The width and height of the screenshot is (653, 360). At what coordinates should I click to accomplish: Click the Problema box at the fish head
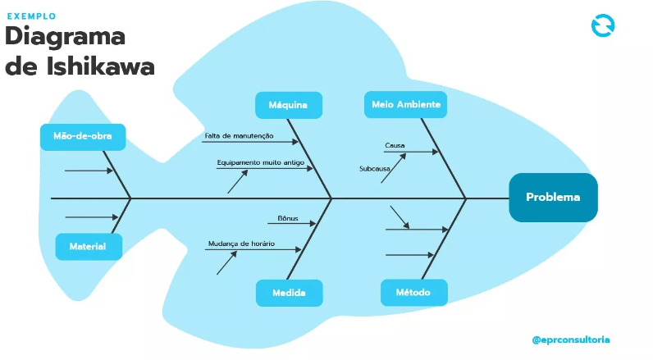click(553, 198)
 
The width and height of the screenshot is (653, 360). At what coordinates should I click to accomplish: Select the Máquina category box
click(288, 105)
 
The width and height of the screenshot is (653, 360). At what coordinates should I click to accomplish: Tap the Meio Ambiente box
click(406, 105)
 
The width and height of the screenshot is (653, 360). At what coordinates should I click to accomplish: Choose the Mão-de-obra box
click(83, 137)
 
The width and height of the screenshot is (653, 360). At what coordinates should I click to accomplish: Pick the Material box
click(89, 247)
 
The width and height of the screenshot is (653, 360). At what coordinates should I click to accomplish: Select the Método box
click(413, 293)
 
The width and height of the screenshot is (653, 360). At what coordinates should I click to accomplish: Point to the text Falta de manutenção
click(240, 135)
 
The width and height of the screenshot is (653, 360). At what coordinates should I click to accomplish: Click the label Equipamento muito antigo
click(260, 162)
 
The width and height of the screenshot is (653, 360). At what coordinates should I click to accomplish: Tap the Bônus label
click(288, 219)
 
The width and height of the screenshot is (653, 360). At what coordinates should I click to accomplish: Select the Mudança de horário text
click(241, 244)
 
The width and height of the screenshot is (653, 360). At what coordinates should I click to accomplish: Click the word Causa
click(395, 145)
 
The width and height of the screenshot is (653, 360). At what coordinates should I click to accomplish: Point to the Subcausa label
click(374, 169)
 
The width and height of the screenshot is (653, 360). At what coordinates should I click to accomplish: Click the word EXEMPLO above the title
click(32, 16)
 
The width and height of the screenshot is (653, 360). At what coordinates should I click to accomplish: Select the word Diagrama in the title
click(66, 38)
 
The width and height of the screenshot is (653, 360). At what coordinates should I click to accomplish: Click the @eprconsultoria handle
click(571, 339)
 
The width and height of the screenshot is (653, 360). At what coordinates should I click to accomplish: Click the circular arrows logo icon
click(603, 25)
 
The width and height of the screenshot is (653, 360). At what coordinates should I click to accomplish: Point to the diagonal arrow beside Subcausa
click(394, 168)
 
